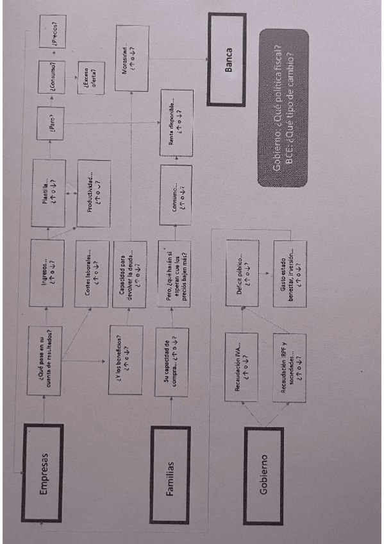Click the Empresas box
[42, 473]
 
